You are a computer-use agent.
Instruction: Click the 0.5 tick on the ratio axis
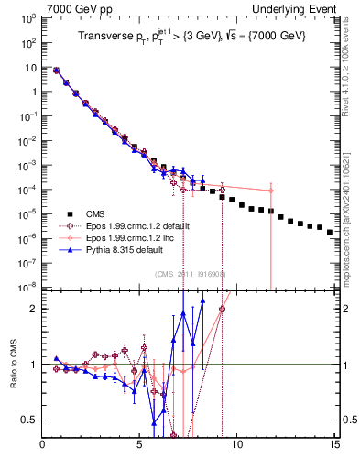coord(29,420)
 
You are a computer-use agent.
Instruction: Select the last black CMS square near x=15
coord(330,232)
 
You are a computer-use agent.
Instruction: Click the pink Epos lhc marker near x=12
coord(270,191)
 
